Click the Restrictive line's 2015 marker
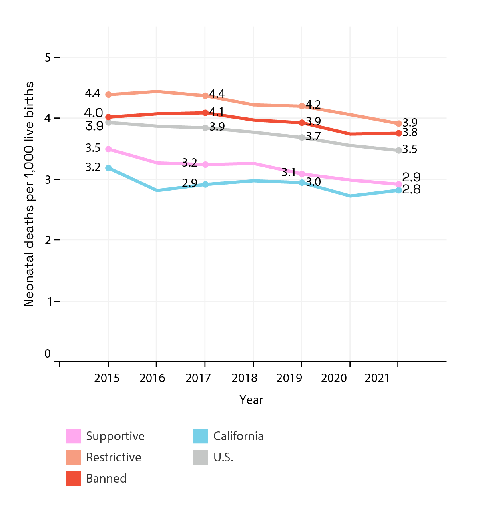(x=108, y=95)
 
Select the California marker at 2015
(x=108, y=168)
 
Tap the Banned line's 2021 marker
(x=399, y=133)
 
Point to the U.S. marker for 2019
(x=302, y=137)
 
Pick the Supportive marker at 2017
(x=205, y=165)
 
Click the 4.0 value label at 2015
(x=94, y=113)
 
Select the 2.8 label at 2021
(x=411, y=189)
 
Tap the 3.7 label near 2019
(x=313, y=137)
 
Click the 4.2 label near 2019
(x=313, y=105)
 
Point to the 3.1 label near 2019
(x=288, y=173)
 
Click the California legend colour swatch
(x=201, y=436)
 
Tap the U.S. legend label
(x=223, y=457)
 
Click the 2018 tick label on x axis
(x=244, y=378)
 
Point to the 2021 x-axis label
(x=377, y=378)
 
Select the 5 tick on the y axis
(x=48, y=58)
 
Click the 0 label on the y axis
(x=48, y=354)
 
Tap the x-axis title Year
(x=251, y=400)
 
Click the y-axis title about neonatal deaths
(x=29, y=194)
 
